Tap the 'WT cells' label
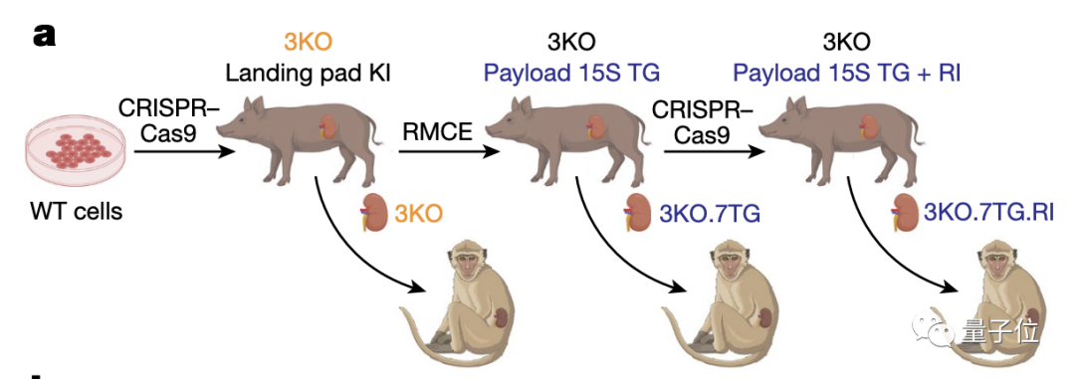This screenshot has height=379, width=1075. (76, 211)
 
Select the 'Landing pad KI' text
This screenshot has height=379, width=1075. (309, 72)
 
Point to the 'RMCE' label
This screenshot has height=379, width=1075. (437, 131)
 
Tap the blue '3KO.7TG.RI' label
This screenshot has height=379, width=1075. (988, 213)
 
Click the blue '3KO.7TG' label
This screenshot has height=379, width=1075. (710, 214)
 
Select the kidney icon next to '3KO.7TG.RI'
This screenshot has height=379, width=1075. (907, 213)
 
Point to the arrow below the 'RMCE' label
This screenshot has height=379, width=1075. (448, 151)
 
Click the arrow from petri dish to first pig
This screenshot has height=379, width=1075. (184, 151)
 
